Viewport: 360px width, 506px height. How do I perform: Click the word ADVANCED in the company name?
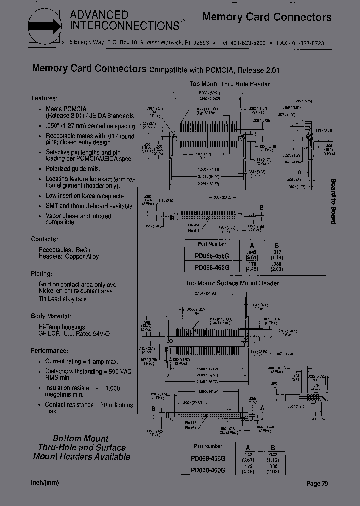pyautogui.click(x=99, y=15)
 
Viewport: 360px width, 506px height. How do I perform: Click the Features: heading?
pyautogui.click(x=44, y=98)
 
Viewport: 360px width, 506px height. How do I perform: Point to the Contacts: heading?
pyautogui.click(x=45, y=239)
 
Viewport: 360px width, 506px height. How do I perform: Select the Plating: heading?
pyautogui.click(x=41, y=274)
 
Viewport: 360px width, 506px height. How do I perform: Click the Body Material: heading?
pyautogui.click(x=51, y=316)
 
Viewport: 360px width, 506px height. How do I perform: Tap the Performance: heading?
pyautogui.click(x=50, y=351)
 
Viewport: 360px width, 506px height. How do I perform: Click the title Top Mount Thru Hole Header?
pyautogui.click(x=229, y=84)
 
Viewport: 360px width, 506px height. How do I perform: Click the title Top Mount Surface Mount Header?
pyautogui.click(x=232, y=283)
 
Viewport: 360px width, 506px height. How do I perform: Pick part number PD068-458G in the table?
pyautogui.click(x=212, y=256)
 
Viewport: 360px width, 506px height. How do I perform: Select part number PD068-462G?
pyautogui.click(x=212, y=267)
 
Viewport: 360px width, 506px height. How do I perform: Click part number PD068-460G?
pyautogui.click(x=208, y=470)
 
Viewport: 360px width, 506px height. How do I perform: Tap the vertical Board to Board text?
pyautogui.click(x=333, y=201)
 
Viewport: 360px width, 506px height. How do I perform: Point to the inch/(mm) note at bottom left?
pyautogui.click(x=45, y=483)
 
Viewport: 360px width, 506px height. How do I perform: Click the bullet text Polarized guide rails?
pyautogui.click(x=73, y=169)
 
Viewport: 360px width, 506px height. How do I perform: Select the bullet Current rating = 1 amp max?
pyautogui.click(x=82, y=361)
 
